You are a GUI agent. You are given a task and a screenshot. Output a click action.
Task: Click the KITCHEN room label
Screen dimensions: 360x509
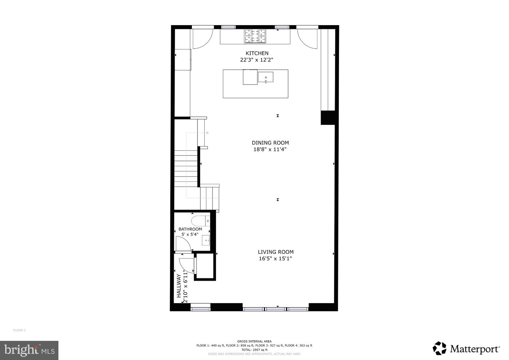point(257,53)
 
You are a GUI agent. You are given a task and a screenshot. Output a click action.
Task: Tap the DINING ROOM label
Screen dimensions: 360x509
point(270,143)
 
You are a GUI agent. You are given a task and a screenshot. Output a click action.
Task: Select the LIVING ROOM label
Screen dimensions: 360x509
point(275,252)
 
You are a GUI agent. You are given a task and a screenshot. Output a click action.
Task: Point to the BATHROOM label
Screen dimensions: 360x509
point(190,229)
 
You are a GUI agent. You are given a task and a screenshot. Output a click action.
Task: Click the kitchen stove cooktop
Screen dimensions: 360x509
point(255,36)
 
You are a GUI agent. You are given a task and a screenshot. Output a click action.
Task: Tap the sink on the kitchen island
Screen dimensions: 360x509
point(265,77)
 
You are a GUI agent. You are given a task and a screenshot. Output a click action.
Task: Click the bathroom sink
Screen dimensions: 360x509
point(206,240)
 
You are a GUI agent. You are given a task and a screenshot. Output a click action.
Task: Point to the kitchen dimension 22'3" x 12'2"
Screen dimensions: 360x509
point(257,60)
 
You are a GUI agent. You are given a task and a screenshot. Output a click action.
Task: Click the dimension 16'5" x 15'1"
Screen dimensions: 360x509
point(275,259)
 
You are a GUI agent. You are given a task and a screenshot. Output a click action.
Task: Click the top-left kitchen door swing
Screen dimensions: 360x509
point(203,38)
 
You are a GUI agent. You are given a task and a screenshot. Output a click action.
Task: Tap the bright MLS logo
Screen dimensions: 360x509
point(29,350)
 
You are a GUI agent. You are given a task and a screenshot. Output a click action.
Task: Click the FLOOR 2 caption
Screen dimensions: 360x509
point(19,330)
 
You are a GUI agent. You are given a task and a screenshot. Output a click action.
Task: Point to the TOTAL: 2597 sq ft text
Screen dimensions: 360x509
point(254,350)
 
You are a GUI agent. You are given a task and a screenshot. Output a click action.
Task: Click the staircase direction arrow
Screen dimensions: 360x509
point(207,133)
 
